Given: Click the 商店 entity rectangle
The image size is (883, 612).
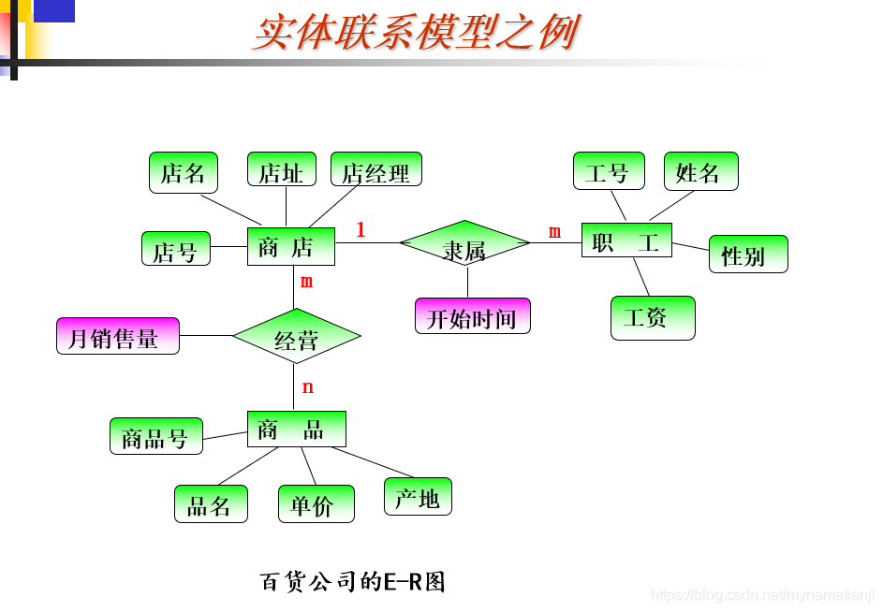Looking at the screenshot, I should pyautogui.click(x=290, y=246).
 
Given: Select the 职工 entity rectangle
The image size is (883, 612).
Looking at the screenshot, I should pyautogui.click(x=626, y=240).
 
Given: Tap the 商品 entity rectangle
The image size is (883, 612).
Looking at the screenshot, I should pyautogui.click(x=296, y=429).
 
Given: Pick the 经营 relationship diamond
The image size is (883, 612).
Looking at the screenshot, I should pyautogui.click(x=296, y=336).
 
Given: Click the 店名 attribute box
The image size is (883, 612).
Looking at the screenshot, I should pyautogui.click(x=183, y=172).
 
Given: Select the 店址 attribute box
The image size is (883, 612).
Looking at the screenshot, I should pyautogui.click(x=281, y=169).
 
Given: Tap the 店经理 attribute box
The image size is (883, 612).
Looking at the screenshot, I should pyautogui.click(x=375, y=169).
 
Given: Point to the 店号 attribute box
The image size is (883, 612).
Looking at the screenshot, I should pyautogui.click(x=175, y=248).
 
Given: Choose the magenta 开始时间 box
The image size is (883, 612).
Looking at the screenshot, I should pyautogui.click(x=472, y=315).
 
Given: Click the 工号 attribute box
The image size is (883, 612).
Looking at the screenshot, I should pyautogui.click(x=608, y=170).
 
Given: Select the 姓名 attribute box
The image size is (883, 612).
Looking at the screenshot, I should pyautogui.click(x=699, y=170).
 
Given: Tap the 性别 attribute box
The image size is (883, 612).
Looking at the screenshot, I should pyautogui.click(x=747, y=254).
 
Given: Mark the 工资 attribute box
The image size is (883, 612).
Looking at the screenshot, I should pyautogui.click(x=652, y=317).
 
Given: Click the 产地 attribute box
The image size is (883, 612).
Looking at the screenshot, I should pyautogui.click(x=417, y=496).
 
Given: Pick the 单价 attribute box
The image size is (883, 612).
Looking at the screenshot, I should pyautogui.click(x=316, y=503).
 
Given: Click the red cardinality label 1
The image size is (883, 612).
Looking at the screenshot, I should pyautogui.click(x=361, y=229).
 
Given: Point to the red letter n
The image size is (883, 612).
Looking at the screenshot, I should pyautogui.click(x=307, y=386).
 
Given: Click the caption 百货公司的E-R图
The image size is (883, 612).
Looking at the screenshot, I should pyautogui.click(x=352, y=581).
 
